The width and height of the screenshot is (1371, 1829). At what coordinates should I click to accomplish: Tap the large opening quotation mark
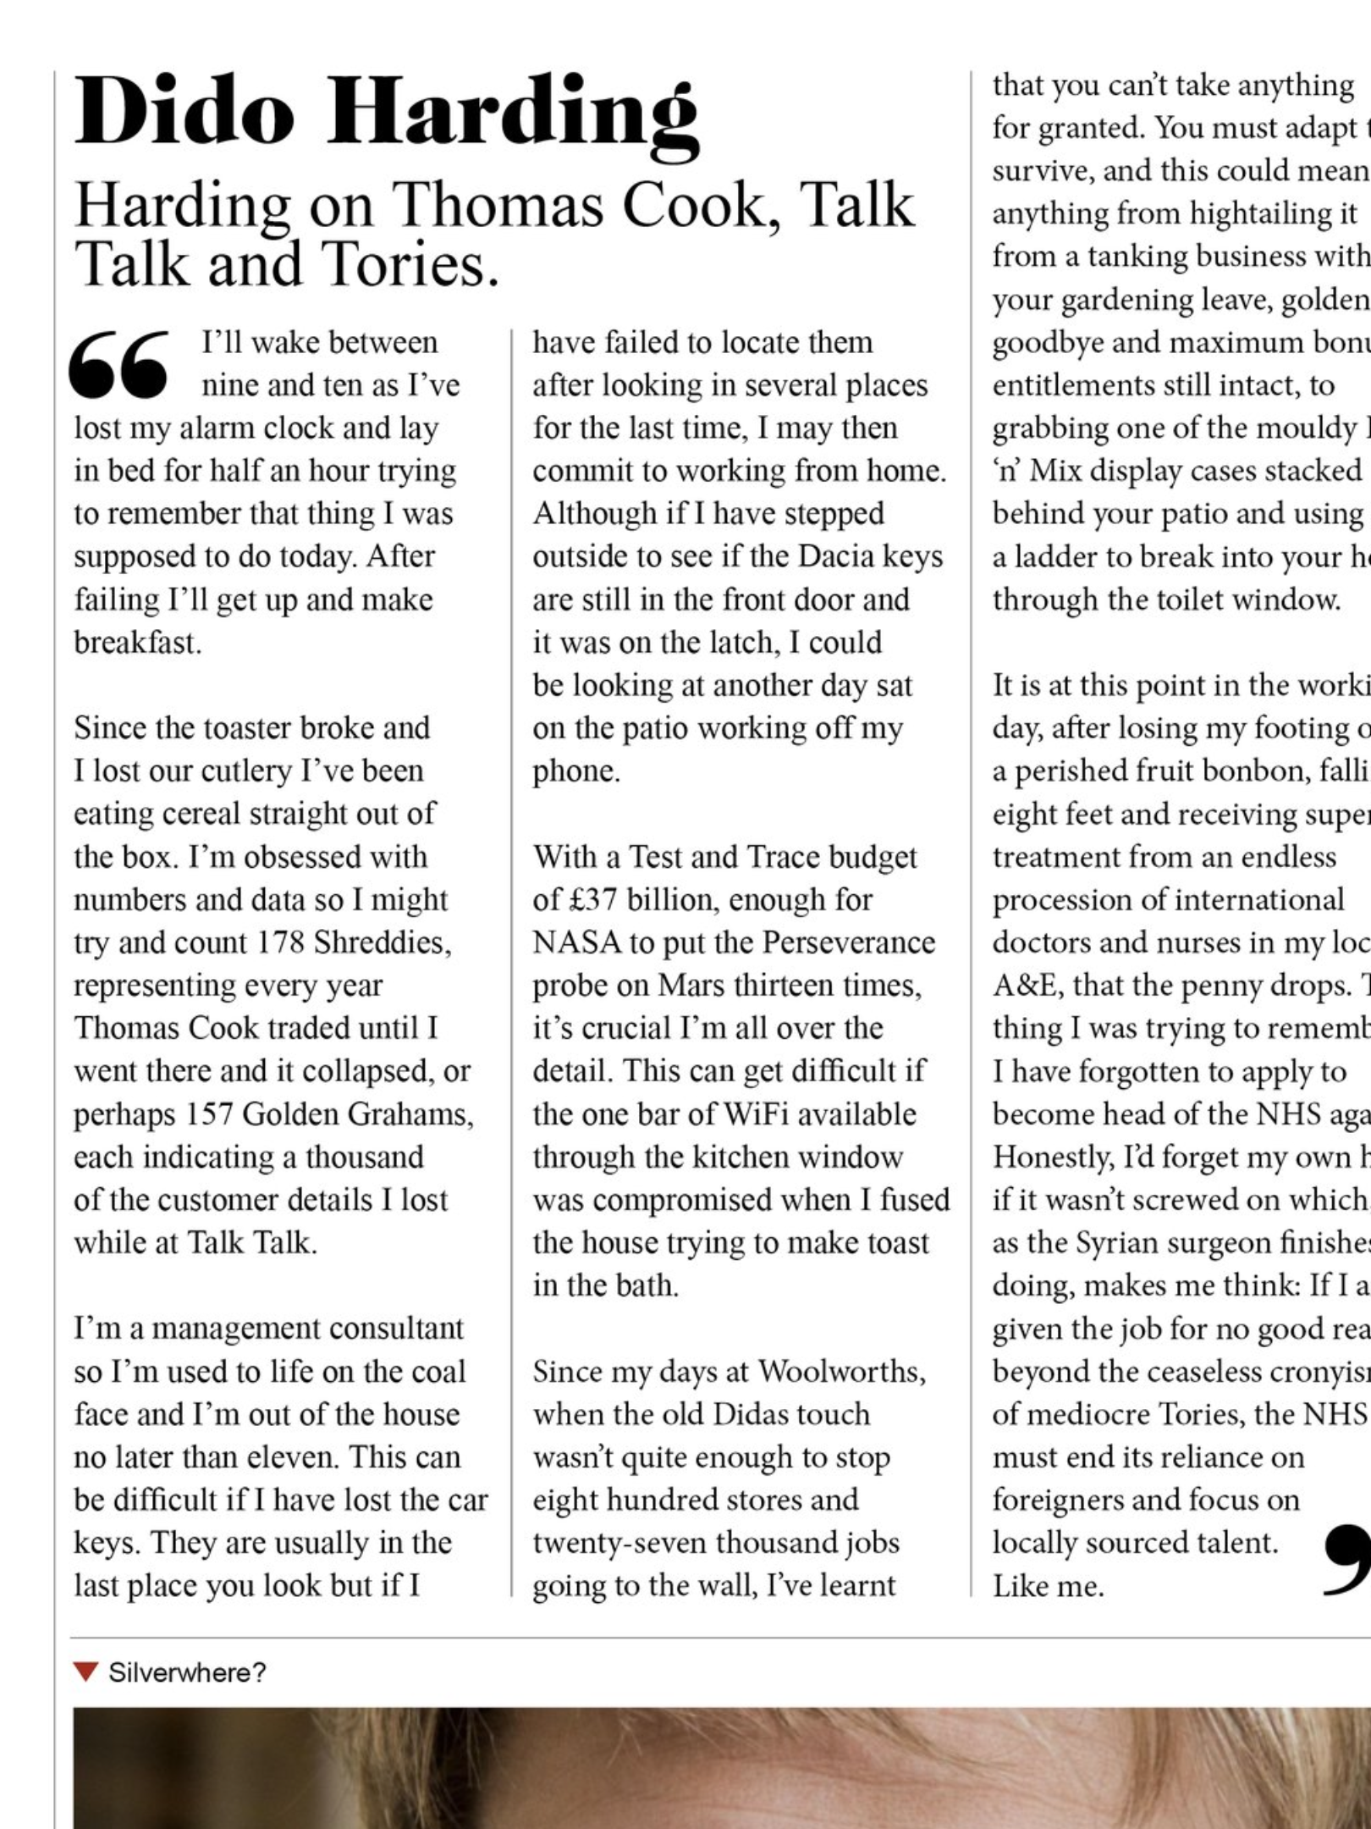119,364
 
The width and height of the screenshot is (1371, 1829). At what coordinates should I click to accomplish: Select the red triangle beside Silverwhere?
85,1672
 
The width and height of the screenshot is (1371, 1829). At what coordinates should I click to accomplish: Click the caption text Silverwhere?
187,1672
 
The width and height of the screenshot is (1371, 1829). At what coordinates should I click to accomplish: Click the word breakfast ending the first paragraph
137,643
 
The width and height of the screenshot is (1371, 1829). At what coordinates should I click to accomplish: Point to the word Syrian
1115,1243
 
